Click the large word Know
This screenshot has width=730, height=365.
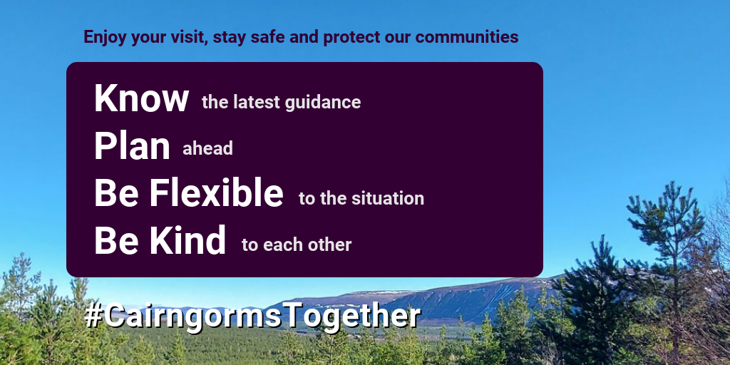pos(142,98)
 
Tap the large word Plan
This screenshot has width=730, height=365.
pos(132,145)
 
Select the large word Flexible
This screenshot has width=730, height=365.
pos(216,192)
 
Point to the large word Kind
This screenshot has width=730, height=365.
pos(187,240)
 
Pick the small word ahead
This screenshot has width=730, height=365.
pos(207,148)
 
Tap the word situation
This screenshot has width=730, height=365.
pos(388,198)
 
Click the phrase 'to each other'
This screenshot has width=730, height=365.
pos(297,245)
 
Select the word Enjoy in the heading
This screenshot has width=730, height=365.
pos(105,37)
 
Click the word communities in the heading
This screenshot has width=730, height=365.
pos(467,37)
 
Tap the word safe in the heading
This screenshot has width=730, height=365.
pos(268,37)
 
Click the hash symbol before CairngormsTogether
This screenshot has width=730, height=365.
pos(93,316)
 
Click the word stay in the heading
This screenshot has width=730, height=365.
pos(230,38)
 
